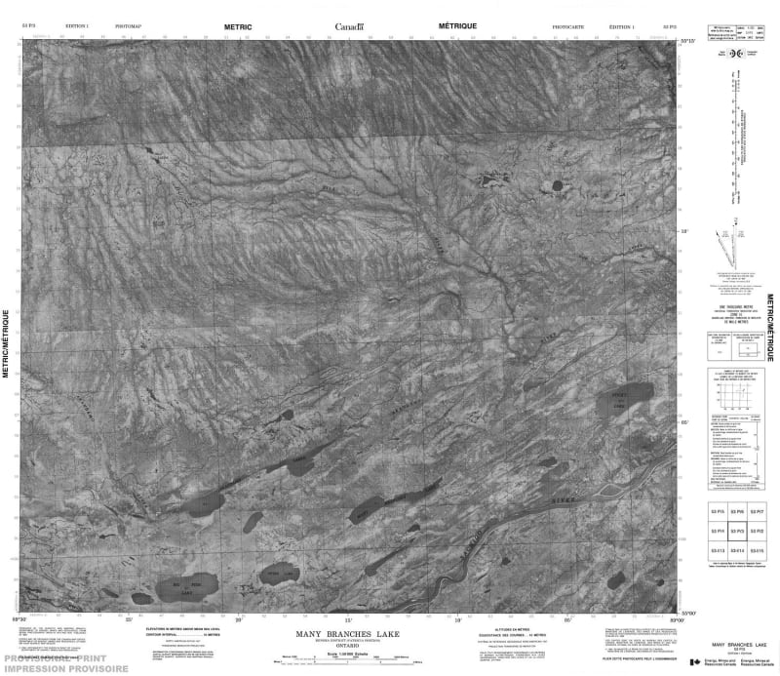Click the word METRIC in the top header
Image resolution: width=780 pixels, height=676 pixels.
point(237,27)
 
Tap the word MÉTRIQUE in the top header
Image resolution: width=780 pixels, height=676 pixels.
point(458,27)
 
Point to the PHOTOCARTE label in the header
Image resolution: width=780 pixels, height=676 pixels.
point(568,28)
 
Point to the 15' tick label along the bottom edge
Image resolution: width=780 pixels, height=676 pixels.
point(348,617)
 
